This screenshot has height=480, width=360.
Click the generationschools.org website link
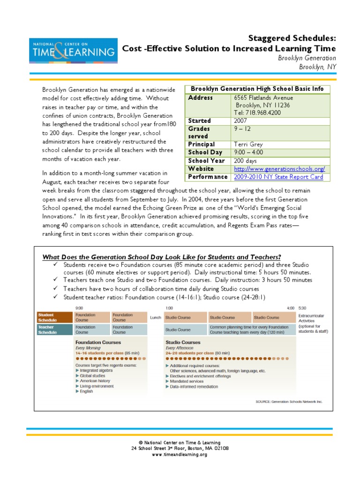pos(279,169)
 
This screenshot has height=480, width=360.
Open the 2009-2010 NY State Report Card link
pos(279,177)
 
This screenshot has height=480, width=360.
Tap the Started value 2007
pos(240,121)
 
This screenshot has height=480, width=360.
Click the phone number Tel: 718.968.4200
pos(258,113)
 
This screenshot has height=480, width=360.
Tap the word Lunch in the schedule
pos(156,318)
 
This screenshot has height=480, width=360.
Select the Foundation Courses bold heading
pos(95,343)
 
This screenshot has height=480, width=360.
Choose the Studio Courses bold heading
pos(183,343)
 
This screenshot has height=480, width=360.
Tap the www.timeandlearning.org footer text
pos(180,455)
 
